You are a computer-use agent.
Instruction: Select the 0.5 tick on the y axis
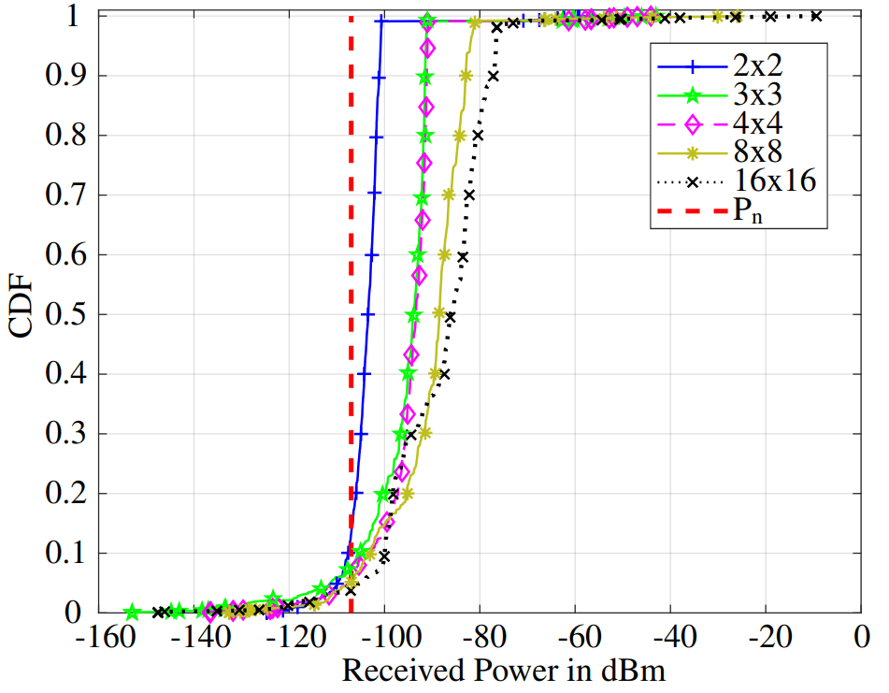63,315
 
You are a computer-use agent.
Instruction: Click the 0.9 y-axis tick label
63,76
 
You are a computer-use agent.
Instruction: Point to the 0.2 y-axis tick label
63,494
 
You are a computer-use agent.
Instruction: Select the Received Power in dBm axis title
504,671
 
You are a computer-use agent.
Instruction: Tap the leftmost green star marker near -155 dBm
133,612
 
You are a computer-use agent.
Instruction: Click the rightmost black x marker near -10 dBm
816,16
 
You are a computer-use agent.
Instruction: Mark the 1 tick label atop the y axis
73,17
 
